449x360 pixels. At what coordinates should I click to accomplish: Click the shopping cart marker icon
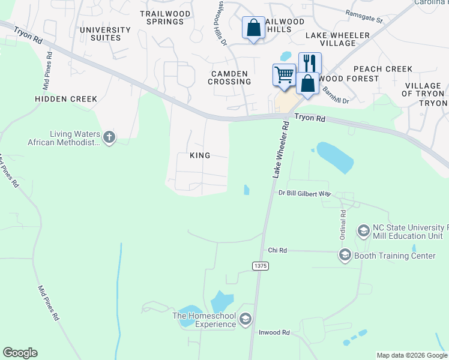click(x=284, y=75)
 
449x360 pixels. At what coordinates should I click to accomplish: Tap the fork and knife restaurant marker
click(x=310, y=62)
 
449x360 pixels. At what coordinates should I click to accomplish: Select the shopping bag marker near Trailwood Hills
click(x=253, y=27)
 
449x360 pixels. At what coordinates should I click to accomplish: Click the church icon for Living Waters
click(x=109, y=137)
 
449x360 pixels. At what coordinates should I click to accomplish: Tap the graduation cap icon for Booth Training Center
click(x=345, y=256)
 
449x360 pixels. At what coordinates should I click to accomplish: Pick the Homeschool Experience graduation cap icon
click(x=245, y=319)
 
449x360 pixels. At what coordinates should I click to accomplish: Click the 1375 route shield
click(x=260, y=265)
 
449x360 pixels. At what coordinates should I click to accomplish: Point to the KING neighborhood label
click(x=200, y=155)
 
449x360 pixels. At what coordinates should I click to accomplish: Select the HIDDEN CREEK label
click(x=66, y=99)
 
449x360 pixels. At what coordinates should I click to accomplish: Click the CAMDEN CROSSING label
click(x=231, y=77)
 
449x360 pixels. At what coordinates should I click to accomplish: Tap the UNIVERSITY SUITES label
click(x=105, y=34)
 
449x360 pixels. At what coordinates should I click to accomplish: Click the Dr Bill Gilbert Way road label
click(x=305, y=193)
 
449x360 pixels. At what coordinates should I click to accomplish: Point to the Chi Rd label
click(x=277, y=250)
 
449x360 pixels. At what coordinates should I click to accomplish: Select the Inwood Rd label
click(x=274, y=332)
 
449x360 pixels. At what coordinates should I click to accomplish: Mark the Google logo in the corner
click(x=20, y=353)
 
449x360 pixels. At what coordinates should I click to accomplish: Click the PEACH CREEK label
click(x=383, y=69)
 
